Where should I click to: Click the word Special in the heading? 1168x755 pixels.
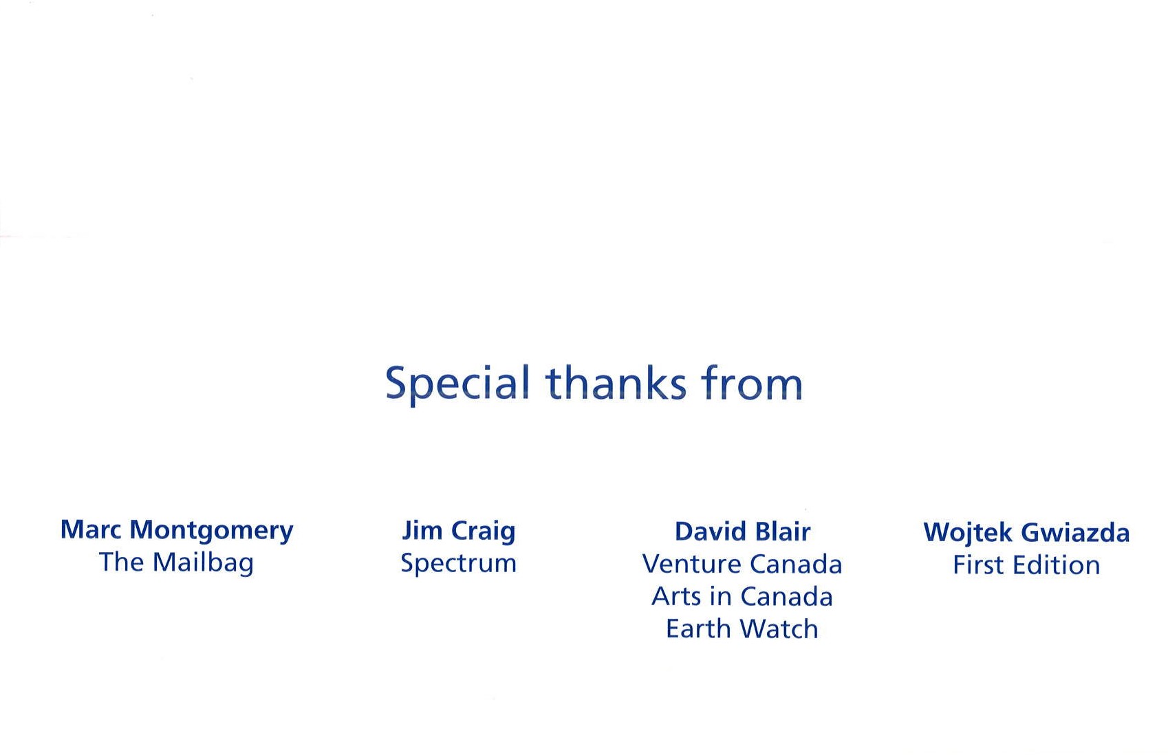pos(457,385)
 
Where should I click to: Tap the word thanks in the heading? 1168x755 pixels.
pos(616,382)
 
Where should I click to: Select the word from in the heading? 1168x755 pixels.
pos(752,382)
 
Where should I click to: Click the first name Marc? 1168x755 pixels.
pos(91,529)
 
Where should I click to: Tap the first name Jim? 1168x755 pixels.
pos(422,532)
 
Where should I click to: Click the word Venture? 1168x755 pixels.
pos(691,564)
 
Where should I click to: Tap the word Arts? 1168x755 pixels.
pos(676,596)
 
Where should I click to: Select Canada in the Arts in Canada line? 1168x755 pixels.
pos(787,596)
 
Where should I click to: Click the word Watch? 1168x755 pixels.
pos(779,628)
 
